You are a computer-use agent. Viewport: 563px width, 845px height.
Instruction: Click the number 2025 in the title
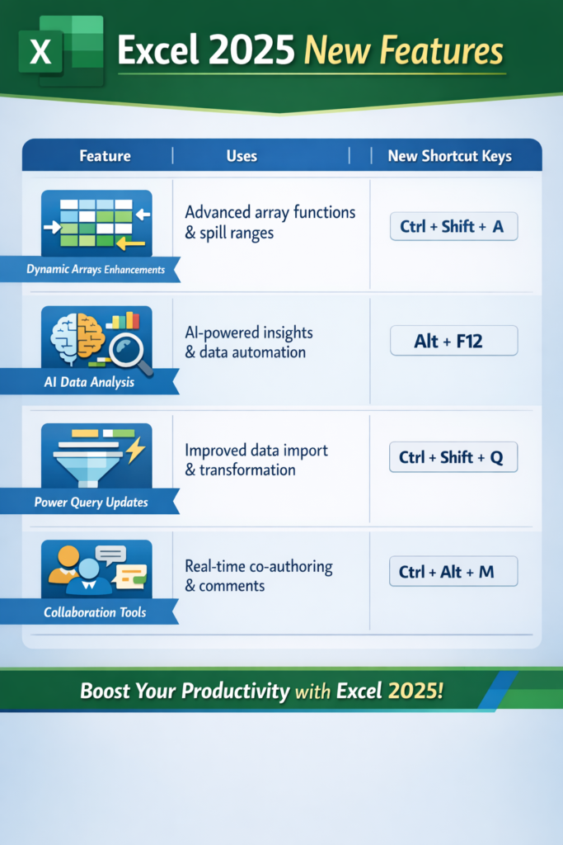coord(248,51)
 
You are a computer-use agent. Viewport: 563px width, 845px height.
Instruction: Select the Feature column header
coord(105,156)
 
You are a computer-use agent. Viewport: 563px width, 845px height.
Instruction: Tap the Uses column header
coord(242,156)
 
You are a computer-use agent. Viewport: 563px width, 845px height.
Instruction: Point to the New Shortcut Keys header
coord(449,156)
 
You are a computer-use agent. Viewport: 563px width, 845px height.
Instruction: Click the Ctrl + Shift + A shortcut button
coord(453,226)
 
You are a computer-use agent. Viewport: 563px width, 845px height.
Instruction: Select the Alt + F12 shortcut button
coord(453,341)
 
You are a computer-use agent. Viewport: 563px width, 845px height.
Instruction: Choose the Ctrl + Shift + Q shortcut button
coord(453,457)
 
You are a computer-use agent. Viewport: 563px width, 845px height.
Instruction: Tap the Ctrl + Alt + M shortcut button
coord(453,571)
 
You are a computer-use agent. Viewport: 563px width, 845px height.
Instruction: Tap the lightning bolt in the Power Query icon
coord(134,451)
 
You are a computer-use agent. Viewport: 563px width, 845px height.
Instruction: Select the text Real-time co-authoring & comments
coord(259,576)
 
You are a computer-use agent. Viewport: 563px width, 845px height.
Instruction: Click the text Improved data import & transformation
coord(256,460)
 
